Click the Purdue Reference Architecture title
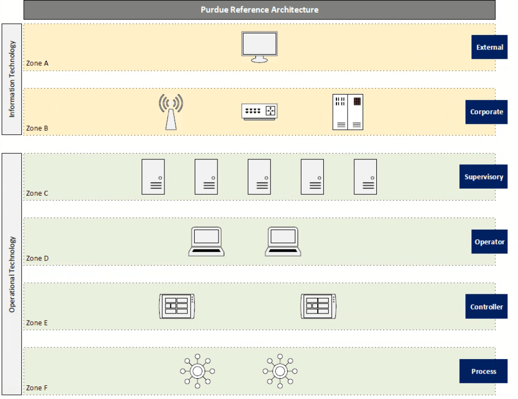pos(260,10)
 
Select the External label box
pos(489,47)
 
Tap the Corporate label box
pos(486,112)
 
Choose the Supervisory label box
pos(483,176)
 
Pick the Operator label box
pos(489,241)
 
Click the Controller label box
pos(486,306)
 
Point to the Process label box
pos(483,371)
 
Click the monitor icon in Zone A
pos(260,47)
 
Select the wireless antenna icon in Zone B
pos(171,112)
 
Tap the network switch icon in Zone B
pos(260,112)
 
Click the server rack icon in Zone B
pos(348,112)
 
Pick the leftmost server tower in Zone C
pos(153,176)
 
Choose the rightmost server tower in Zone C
pos(365,176)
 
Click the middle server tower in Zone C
pos(259,176)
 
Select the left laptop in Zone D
pos(206,241)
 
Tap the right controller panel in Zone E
pos(319,306)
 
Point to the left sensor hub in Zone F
pos(198,371)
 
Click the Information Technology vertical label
pos(12,79)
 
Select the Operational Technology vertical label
pos(12,274)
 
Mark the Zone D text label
pos(37,258)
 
